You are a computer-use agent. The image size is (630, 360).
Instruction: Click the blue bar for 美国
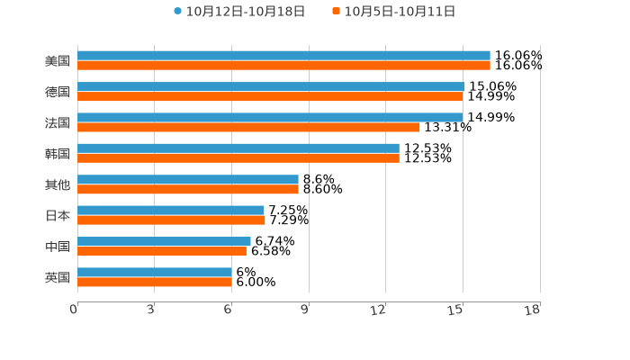pyautogui.click(x=283, y=56)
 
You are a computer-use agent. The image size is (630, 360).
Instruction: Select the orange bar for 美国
pyautogui.click(x=283, y=66)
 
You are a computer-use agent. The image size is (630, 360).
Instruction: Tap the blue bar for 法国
pyautogui.click(x=270, y=117)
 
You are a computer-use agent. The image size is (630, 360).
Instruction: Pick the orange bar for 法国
pyautogui.click(x=248, y=127)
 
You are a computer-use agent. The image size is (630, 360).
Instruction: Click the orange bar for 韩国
pyautogui.click(x=238, y=158)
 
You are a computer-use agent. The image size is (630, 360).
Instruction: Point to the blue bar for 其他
pyautogui.click(x=188, y=179)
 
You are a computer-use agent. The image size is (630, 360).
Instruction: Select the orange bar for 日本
pyautogui.click(x=171, y=220)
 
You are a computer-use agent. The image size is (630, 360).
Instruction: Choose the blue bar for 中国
pyautogui.click(x=164, y=241)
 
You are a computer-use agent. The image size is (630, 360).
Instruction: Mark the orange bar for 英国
pyautogui.click(x=155, y=282)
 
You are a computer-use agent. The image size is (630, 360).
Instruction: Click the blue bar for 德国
pyautogui.click(x=271, y=86)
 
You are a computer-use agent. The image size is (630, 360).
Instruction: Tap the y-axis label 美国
pyautogui.click(x=58, y=61)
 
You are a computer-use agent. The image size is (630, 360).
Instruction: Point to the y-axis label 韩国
pyautogui.click(x=58, y=154)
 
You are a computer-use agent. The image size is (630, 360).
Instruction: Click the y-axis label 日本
pyautogui.click(x=58, y=215)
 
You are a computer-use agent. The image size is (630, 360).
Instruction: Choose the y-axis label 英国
pyautogui.click(x=58, y=277)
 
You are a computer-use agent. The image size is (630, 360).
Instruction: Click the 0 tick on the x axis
pyautogui.click(x=74, y=310)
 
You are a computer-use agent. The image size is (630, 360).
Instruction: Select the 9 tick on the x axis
pyautogui.click(x=305, y=310)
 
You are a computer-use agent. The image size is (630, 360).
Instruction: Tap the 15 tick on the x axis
pyautogui.click(x=456, y=310)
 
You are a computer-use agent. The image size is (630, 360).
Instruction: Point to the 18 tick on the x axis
pyautogui.click(x=533, y=310)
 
